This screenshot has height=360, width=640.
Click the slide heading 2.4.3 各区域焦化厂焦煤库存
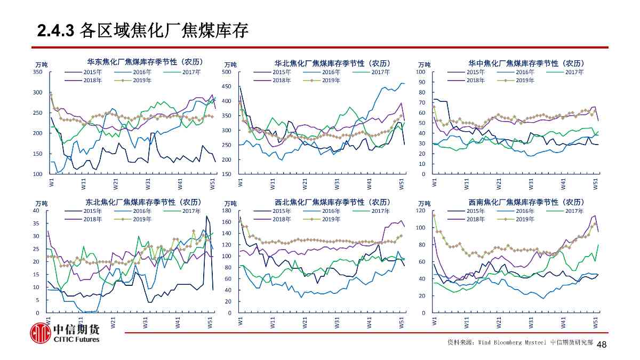pyautogui.click(x=143, y=31)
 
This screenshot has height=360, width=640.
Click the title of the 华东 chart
pyautogui.click(x=145, y=62)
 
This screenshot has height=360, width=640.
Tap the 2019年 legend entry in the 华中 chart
pyautogui.click(x=526, y=81)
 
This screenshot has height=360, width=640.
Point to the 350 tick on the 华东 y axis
pyautogui.click(x=37, y=72)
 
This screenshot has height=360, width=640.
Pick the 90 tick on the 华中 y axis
pyautogui.click(x=422, y=82)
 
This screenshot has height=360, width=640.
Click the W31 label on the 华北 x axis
pyautogui.click(x=337, y=185)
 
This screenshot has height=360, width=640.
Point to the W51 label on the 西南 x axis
pyautogui.click(x=596, y=324)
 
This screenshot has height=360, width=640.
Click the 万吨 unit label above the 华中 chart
pyautogui.click(x=425, y=65)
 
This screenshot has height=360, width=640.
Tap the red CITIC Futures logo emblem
pyautogui.click(x=40, y=333)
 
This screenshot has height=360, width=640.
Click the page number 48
pyautogui.click(x=602, y=345)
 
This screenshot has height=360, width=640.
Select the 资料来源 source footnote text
pyautogui.click(x=519, y=342)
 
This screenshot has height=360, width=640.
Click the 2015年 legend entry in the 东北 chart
pyautogui.click(x=92, y=211)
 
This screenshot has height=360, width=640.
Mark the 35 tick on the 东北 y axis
pyautogui.click(x=36, y=224)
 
